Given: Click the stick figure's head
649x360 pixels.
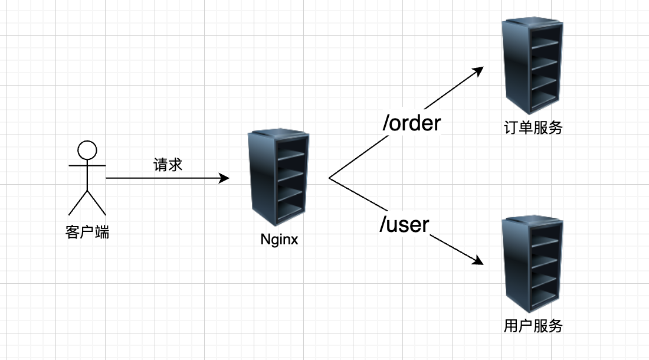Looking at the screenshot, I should point(87,150).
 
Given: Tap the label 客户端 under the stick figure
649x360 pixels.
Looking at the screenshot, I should point(87,232).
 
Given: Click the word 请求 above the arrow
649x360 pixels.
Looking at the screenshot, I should point(168,165).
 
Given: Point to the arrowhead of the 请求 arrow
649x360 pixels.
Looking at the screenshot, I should point(225,178).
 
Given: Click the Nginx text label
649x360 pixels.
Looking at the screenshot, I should point(280,240).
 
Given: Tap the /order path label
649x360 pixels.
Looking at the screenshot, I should point(411,123).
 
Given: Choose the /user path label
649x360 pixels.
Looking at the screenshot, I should point(404,224).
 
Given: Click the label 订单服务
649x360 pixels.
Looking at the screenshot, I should point(533,127).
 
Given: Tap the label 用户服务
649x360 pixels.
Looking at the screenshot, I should point(533,325).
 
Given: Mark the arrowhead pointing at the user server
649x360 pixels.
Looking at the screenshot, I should point(479,262).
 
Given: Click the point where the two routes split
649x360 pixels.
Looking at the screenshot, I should point(329,178).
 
